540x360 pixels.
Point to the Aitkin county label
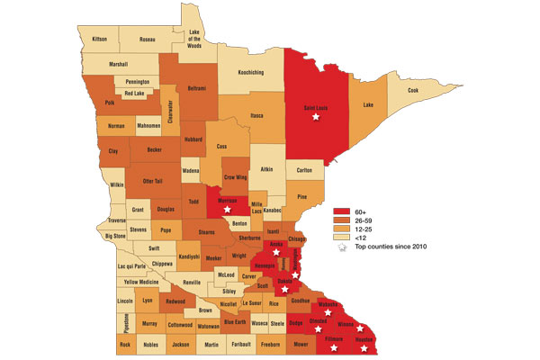[x=267, y=169]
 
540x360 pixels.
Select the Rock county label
[x=124, y=344]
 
